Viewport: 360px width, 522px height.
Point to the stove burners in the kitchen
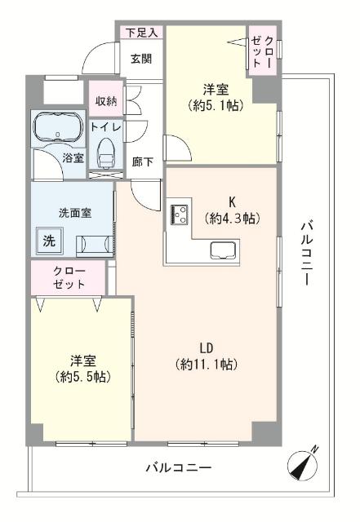(179, 215)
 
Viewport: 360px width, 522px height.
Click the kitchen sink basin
(223, 249)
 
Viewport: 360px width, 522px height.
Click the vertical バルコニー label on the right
(306, 252)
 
